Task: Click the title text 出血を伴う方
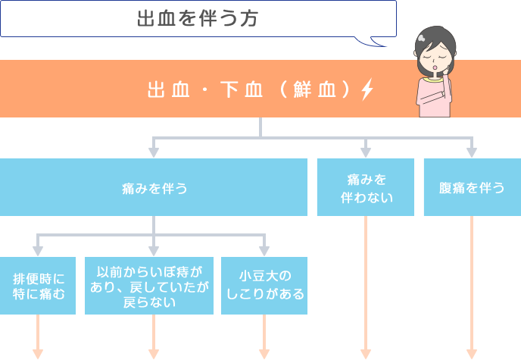198,19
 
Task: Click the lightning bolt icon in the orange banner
367,89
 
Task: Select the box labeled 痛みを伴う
154,187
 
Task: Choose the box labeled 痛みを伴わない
366,187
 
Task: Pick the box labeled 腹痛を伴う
472,187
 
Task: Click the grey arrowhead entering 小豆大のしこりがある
264,249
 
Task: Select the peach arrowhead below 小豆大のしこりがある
264,353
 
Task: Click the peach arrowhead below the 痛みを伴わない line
366,353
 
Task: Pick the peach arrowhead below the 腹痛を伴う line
472,353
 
